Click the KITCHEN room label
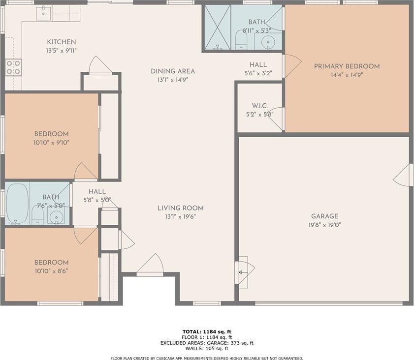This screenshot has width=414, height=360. coord(61,42)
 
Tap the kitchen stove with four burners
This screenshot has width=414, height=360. coord(13,67)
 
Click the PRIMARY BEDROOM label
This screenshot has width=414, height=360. coord(347,66)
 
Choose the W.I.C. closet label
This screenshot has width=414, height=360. coord(259,106)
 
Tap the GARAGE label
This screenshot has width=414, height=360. coord(324,216)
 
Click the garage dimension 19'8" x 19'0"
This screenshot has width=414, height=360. coord(324,225)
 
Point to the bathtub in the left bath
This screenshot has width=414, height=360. coord(17,204)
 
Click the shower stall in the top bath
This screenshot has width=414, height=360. coord(217,28)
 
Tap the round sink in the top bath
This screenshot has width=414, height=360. coord(268,41)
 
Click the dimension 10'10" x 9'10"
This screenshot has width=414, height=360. coord(51,143)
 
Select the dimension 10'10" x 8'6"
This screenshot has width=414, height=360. coord(51,270)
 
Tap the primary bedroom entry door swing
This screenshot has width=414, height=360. coord(291,66)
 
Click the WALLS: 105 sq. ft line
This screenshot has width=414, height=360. coord(207,349)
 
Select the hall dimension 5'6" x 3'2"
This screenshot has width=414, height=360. coord(258,73)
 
